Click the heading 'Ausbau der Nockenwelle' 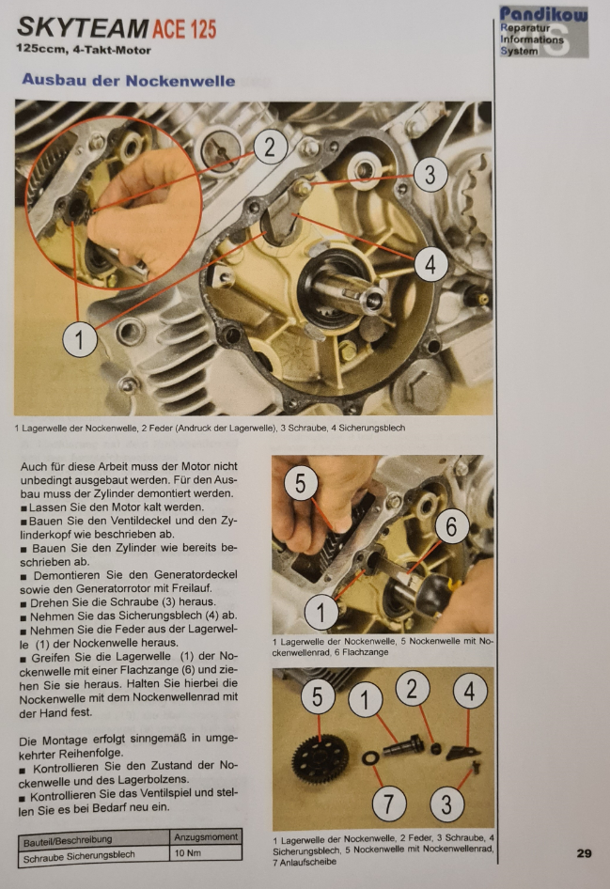coord(129,80)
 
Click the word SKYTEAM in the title coord(82,28)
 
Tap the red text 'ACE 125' coord(184,29)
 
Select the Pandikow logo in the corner coord(543,32)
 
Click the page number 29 coord(584,853)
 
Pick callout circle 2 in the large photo coord(270,147)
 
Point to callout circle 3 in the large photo coord(430,174)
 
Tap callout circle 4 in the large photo coord(430,264)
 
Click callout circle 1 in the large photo coord(79,339)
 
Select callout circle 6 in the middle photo coord(452,526)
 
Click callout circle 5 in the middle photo coord(300,484)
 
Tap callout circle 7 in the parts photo coord(389,803)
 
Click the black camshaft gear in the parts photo coord(321,758)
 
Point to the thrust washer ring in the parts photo coord(369,758)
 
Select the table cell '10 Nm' coord(188,852)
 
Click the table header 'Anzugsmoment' coord(206,836)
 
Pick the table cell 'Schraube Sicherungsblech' coord(79,856)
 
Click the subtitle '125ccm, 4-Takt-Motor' coord(84,50)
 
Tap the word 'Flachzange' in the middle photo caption coord(365,652)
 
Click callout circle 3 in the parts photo coord(446,804)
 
